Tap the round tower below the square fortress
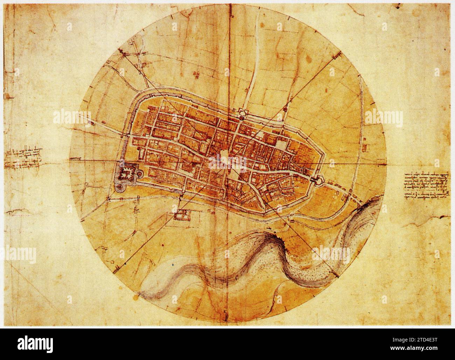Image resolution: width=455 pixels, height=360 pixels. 120,188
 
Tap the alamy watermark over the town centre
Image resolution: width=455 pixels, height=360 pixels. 227,162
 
